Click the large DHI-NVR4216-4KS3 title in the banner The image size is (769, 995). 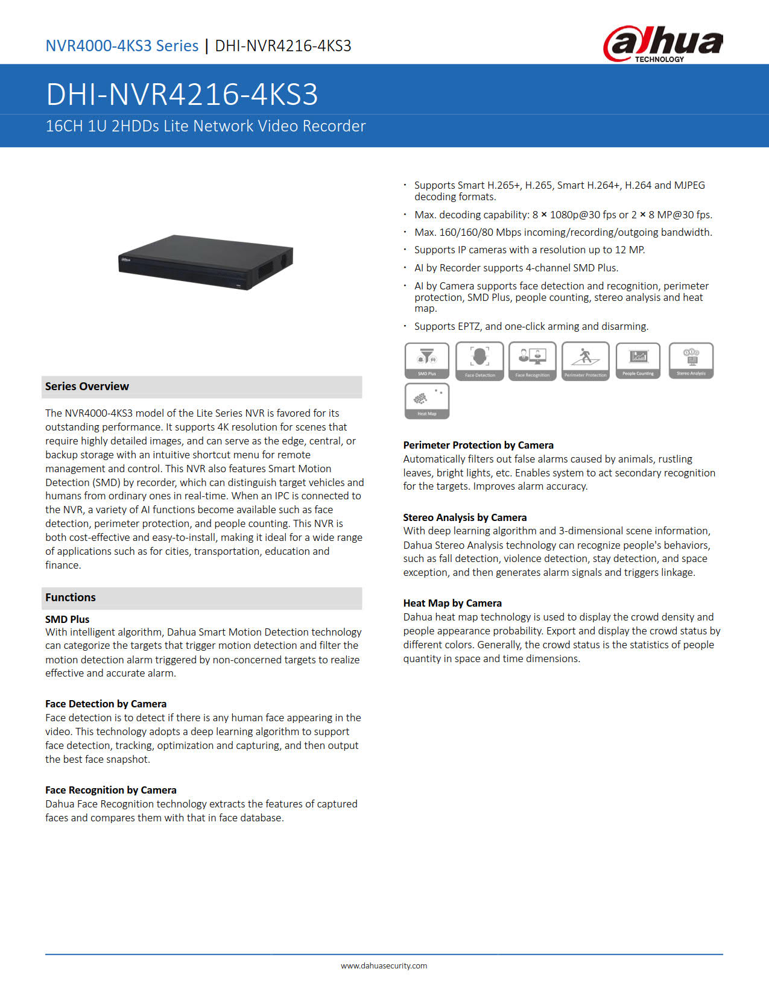click(182, 94)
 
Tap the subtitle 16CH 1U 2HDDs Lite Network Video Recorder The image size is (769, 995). click(206, 126)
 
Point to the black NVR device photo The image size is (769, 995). click(206, 261)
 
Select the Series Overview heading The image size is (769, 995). click(87, 387)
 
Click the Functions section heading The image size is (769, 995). click(71, 598)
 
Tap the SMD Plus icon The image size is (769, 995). click(427, 361)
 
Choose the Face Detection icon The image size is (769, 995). click(479, 361)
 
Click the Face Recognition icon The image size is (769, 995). click(533, 361)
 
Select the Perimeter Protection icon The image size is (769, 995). click(586, 361)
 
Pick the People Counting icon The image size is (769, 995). click(638, 361)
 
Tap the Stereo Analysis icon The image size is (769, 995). click(691, 361)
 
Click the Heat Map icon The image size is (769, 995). click(427, 401)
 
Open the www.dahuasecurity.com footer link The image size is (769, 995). click(384, 965)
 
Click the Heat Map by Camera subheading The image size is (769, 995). click(452, 603)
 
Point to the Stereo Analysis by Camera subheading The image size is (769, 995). click(465, 517)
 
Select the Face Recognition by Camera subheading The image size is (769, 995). click(111, 790)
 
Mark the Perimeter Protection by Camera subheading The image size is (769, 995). click(478, 445)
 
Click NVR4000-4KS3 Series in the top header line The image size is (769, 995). click(122, 46)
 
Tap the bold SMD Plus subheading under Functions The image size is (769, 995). click(68, 619)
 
